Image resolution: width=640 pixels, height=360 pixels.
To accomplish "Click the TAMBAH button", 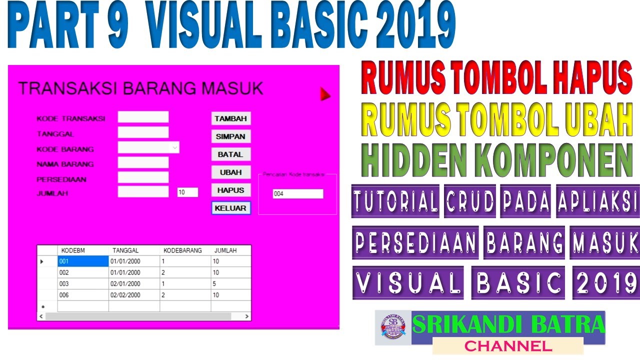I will click(230, 118).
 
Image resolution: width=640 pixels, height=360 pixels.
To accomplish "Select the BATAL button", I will click(230, 154).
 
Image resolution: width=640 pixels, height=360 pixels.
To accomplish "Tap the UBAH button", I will click(230, 172).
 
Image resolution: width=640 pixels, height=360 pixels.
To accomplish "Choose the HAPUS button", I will click(230, 190).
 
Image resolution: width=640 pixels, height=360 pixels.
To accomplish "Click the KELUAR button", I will click(230, 208).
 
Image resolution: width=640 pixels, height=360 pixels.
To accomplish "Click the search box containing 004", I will click(298, 194).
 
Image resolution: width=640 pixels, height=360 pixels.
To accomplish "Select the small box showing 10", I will click(187, 192).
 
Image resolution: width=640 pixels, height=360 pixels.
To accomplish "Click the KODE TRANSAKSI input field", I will click(143, 117).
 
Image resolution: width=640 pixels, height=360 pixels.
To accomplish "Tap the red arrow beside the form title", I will click(325, 93).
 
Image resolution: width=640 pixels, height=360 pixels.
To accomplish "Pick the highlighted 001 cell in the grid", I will click(83, 261).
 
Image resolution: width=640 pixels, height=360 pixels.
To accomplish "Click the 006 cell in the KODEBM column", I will click(83, 295).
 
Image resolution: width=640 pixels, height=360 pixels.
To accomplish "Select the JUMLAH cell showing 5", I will click(230, 284).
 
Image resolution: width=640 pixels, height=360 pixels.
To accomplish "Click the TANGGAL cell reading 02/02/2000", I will click(133, 295).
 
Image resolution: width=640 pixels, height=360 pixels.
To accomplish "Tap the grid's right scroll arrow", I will click(246, 316).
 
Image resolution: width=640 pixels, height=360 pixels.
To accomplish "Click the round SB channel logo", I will click(393, 328).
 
